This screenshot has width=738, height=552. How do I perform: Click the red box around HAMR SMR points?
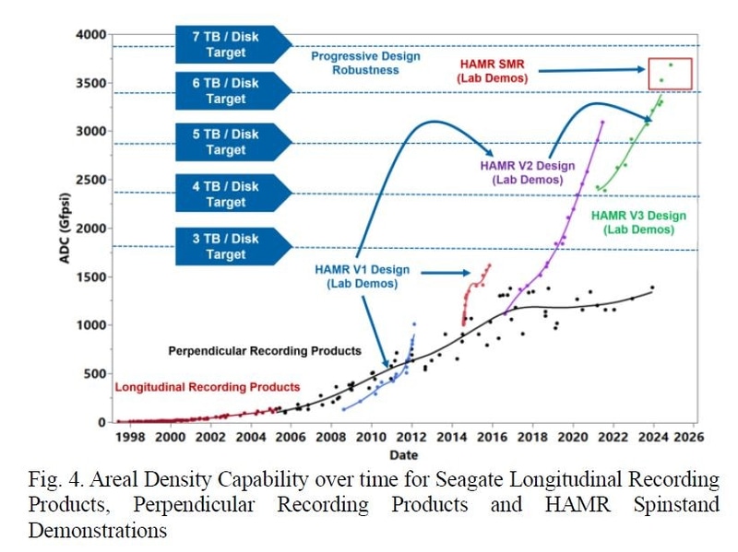670,74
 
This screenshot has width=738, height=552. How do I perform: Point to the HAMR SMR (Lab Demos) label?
493,71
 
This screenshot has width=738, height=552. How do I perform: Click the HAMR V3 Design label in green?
645,222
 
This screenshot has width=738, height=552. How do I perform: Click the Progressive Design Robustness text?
365,63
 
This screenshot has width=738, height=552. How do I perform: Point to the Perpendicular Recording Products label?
264,351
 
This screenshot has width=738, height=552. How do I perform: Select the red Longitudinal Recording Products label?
207,387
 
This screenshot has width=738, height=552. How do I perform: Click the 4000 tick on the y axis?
90,35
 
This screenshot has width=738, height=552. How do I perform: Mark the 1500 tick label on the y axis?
90,276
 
